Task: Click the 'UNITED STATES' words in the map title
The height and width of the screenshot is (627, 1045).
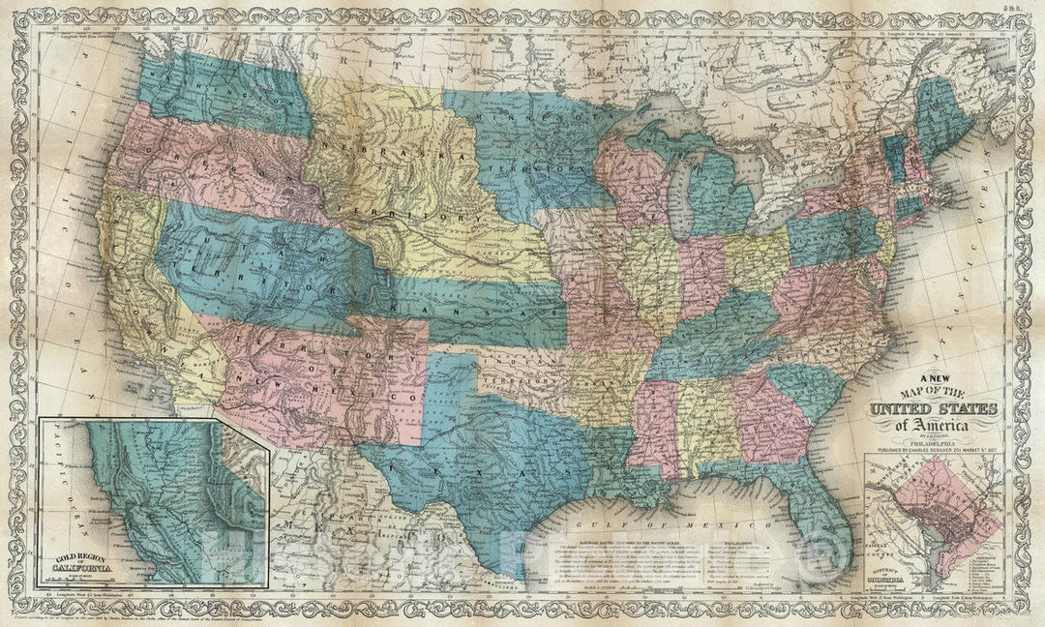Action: coord(936,410)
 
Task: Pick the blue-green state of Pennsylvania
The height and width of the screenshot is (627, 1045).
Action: coord(832,237)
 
